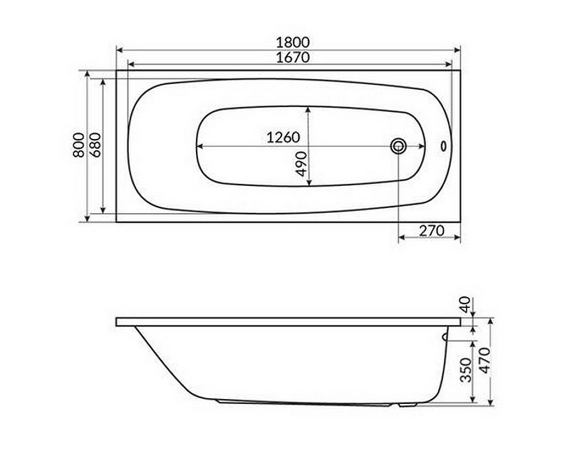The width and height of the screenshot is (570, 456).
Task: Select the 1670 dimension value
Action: click(x=288, y=58)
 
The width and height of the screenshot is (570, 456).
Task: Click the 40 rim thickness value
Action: click(x=466, y=305)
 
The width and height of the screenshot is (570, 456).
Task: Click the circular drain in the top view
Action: click(x=398, y=146)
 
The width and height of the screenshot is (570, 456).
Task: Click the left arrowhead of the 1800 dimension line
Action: click(x=120, y=50)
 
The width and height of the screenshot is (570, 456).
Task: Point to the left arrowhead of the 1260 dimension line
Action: click(x=200, y=146)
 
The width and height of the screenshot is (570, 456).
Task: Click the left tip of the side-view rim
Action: click(x=118, y=321)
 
